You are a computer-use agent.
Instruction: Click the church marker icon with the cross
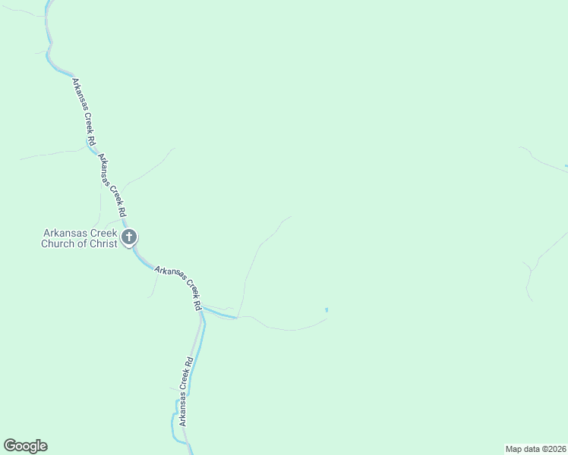click(129, 237)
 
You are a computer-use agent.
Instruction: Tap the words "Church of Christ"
click(79, 243)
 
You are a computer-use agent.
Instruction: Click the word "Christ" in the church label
click(104, 243)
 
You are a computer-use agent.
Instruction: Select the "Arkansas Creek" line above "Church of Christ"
click(79, 234)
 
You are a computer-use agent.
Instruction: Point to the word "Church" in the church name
click(58, 243)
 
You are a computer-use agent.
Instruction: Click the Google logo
click(25, 446)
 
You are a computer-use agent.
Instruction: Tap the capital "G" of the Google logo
click(9, 446)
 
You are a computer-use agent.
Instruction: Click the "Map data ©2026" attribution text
click(535, 448)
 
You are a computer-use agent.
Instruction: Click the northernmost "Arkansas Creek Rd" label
click(84, 111)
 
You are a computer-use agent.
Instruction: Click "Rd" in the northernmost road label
click(91, 140)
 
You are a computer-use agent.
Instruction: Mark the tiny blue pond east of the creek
click(327, 309)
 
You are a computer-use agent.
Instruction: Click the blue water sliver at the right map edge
click(566, 165)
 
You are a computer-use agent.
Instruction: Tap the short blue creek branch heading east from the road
click(219, 312)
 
